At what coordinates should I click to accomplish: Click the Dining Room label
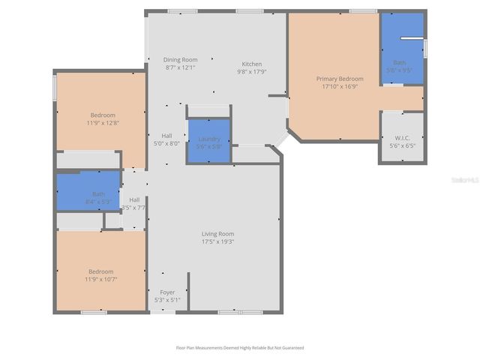[181, 60]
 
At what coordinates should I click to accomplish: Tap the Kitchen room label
[251, 64]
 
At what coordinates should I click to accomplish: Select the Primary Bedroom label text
[340, 79]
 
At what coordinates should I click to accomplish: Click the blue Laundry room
[208, 142]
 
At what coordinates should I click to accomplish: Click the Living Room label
[217, 234]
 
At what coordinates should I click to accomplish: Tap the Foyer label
[166, 292]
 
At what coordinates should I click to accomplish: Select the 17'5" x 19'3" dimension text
[217, 242]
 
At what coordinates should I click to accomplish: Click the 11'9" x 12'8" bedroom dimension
[103, 123]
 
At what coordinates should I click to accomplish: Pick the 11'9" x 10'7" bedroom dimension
[101, 279]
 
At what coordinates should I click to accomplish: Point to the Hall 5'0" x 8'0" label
[166, 139]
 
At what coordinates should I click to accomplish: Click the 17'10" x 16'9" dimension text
[340, 86]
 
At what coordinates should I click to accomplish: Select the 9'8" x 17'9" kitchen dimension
[252, 72]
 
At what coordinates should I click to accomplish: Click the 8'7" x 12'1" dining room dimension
[181, 67]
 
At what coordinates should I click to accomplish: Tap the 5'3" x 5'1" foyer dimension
[166, 300]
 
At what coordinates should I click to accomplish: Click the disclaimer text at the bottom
[240, 348]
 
